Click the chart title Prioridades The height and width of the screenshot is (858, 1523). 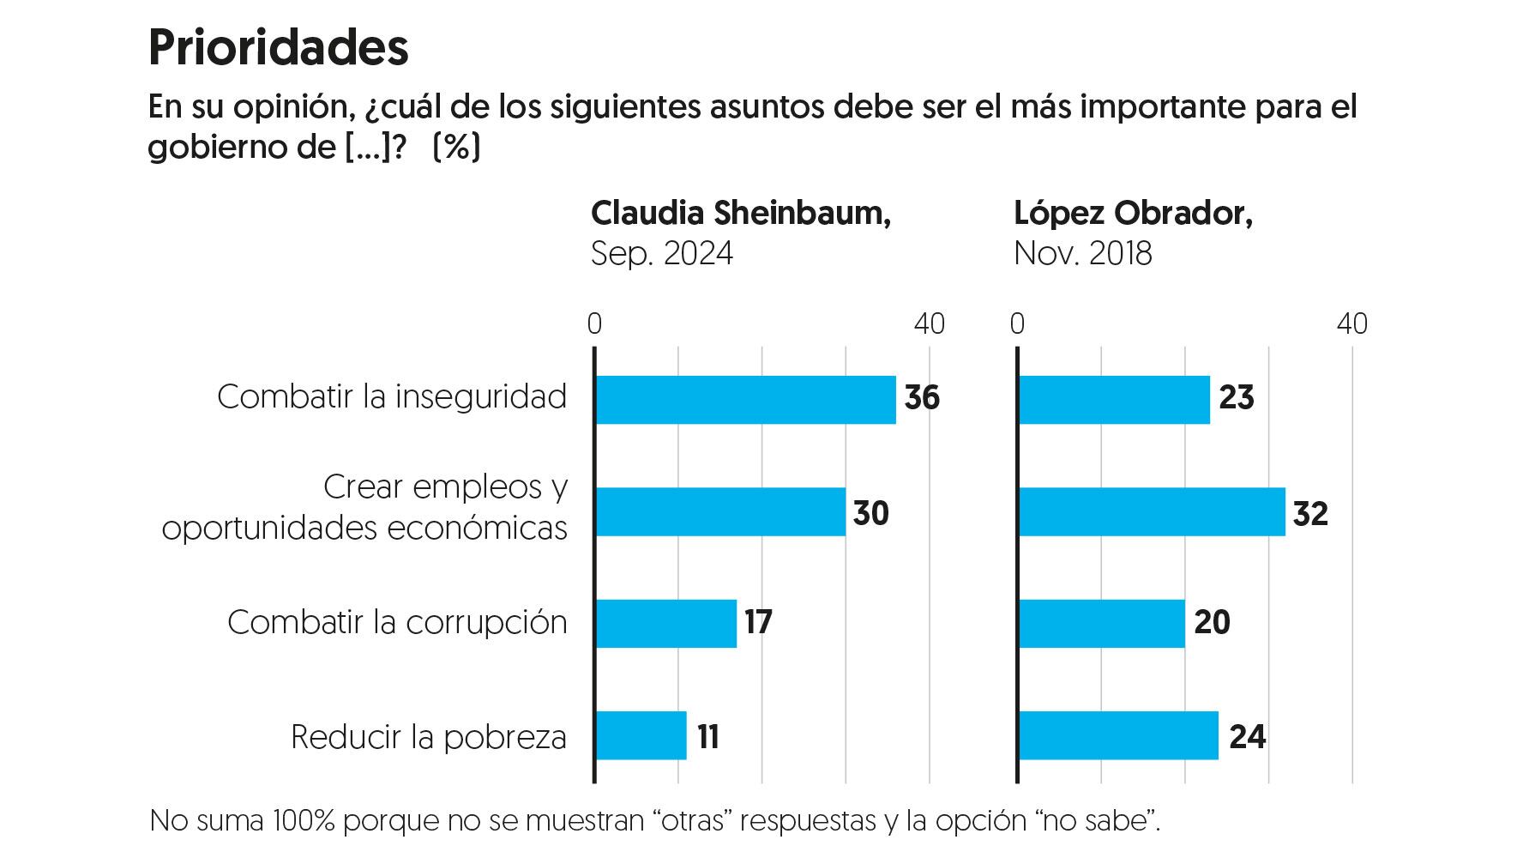[x=278, y=47]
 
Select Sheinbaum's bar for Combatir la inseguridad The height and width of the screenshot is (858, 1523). [x=745, y=400]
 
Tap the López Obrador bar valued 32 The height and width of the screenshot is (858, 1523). [x=1152, y=512]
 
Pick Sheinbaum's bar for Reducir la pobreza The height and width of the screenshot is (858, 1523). [x=641, y=736]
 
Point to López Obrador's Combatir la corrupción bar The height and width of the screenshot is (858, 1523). [x=1102, y=624]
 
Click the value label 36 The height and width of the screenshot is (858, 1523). [x=922, y=398]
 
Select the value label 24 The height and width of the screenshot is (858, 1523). [x=1247, y=737]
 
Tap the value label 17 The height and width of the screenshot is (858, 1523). [x=758, y=622]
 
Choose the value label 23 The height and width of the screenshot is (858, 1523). [x=1236, y=398]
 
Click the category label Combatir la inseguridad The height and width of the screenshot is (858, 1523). [x=392, y=397]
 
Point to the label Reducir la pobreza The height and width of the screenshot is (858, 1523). [x=429, y=737]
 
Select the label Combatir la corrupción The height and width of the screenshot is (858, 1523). [x=397, y=622]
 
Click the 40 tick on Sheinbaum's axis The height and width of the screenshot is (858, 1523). [x=929, y=324]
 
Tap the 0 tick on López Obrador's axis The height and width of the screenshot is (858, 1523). [x=1017, y=324]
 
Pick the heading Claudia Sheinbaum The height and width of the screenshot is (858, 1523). [x=740, y=213]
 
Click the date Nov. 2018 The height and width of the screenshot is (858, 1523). [x=1082, y=254]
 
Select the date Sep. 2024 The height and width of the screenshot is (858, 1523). [x=661, y=254]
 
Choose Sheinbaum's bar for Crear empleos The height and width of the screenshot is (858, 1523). [x=720, y=512]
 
